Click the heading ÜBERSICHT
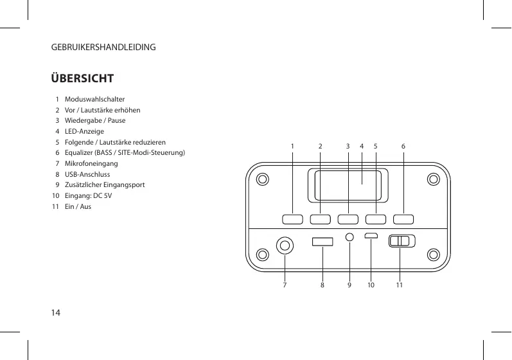83,79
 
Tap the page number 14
56,313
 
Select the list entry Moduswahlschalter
90,100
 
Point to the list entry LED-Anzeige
84,131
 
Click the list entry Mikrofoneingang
91,163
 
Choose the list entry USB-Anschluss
87,174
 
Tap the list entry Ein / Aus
78,206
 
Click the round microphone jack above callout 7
285,245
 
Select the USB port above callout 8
322,242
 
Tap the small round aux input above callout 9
349,237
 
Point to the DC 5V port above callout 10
371,235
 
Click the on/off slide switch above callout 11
402,241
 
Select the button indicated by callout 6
403,219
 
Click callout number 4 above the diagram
362,147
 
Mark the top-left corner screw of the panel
261,178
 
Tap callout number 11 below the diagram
399,283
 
